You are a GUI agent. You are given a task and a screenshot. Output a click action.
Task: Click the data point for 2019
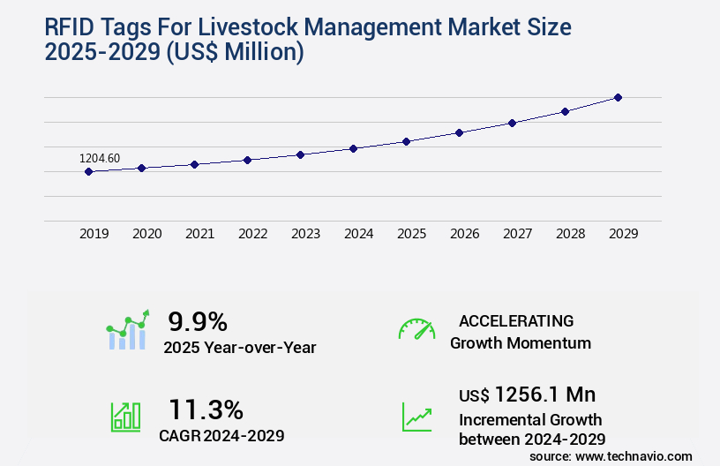click(88, 171)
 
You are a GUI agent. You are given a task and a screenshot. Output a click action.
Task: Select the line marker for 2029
click(618, 97)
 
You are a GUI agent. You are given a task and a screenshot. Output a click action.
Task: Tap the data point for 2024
click(353, 148)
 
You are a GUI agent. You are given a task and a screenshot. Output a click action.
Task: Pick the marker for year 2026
click(459, 132)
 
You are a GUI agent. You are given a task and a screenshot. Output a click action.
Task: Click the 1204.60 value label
click(100, 158)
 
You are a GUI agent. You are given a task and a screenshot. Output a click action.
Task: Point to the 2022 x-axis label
click(252, 234)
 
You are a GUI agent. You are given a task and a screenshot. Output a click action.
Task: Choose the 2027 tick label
click(517, 234)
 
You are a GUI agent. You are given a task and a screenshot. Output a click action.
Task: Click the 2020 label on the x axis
click(146, 234)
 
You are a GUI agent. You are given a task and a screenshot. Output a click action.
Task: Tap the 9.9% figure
click(198, 320)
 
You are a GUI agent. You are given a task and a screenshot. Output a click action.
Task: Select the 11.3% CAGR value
click(206, 410)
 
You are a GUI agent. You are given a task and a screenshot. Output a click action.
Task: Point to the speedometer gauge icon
click(416, 329)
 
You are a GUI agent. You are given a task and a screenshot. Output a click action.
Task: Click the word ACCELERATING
click(516, 320)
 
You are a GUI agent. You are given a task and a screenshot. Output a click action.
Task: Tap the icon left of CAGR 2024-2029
click(125, 417)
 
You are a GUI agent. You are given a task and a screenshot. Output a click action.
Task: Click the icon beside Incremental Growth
click(416, 417)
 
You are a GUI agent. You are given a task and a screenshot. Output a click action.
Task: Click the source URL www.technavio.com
click(634, 455)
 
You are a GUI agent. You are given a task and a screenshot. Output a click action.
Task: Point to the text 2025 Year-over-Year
click(239, 347)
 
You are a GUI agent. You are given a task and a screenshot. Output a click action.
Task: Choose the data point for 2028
click(565, 111)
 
